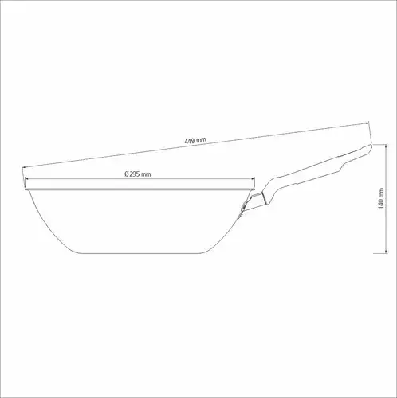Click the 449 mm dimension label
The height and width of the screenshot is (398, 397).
tap(195, 140)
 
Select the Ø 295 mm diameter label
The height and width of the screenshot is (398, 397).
tap(138, 174)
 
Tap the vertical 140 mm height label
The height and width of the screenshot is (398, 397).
tap(381, 198)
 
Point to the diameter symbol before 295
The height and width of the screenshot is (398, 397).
tap(127, 174)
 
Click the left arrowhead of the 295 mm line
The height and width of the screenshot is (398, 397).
tap(26, 179)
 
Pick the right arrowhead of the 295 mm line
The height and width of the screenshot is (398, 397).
tap(254, 179)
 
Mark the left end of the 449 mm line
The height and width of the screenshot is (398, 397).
tap(22, 167)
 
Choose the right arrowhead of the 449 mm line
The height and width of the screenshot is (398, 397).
tap(368, 123)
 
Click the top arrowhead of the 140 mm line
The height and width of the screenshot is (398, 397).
tap(386, 146)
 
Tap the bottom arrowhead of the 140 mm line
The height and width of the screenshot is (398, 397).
tap(386, 251)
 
